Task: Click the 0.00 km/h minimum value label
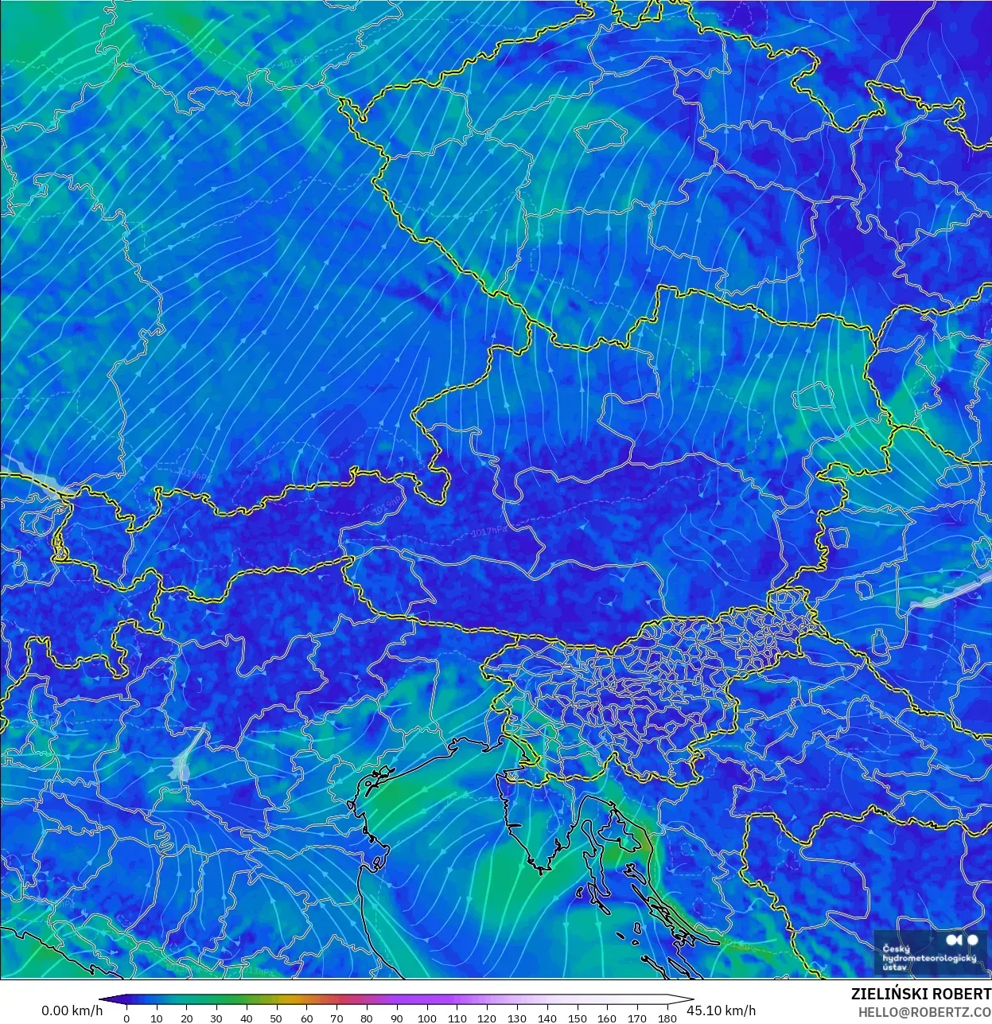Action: (72, 1010)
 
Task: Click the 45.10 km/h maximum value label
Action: (721, 1010)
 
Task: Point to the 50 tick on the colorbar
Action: (277, 1018)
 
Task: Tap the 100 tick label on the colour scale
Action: (427, 1018)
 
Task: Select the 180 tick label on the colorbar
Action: (667, 1018)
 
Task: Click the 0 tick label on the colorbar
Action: (126, 1018)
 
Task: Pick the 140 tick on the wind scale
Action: (547, 1018)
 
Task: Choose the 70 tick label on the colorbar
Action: (337, 1018)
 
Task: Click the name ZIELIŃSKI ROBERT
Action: (920, 995)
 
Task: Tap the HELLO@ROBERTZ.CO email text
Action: (924, 1012)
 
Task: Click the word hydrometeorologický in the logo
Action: (929, 958)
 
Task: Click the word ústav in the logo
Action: (895, 968)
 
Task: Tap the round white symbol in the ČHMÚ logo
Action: (972, 940)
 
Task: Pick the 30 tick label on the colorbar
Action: (216, 1018)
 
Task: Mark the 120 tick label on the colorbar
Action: (487, 1018)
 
